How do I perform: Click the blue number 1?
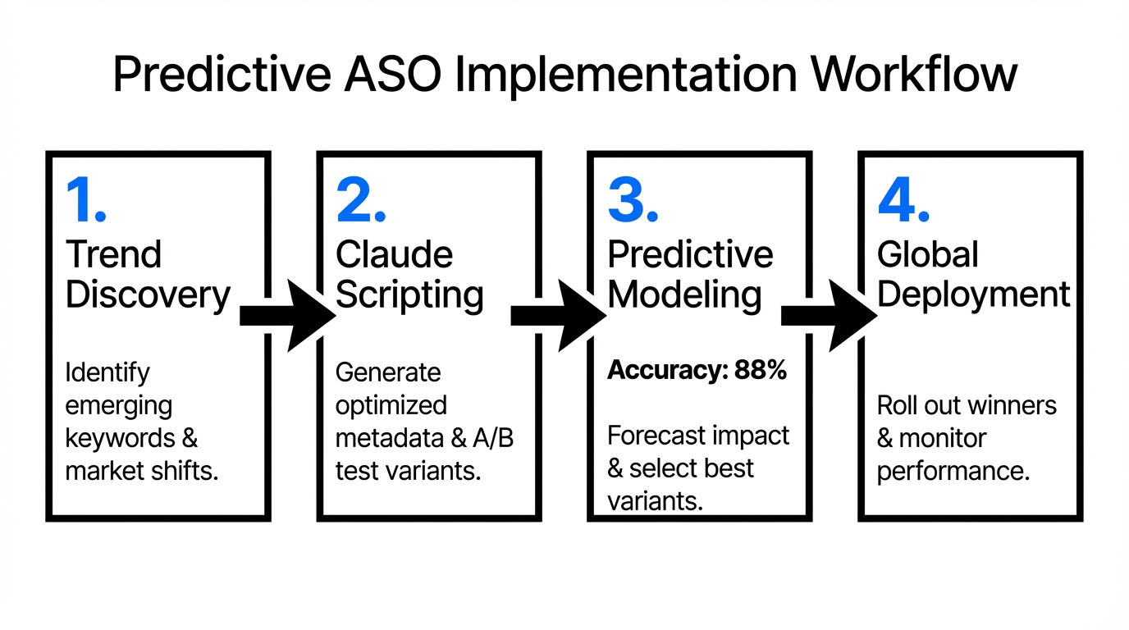(x=85, y=200)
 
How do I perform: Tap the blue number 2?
(x=360, y=200)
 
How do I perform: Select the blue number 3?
(x=632, y=200)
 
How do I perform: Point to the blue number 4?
(x=903, y=200)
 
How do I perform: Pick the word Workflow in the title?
(x=914, y=75)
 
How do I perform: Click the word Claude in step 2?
(x=394, y=255)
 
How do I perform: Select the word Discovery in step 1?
(x=148, y=295)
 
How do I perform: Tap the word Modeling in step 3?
(x=684, y=295)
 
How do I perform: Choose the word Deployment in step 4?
(x=974, y=295)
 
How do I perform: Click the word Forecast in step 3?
(x=650, y=436)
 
